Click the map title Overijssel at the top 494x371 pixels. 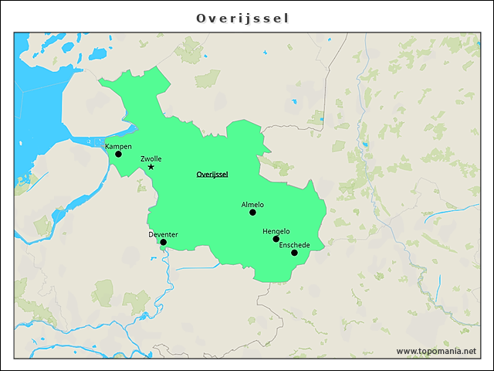click(242, 18)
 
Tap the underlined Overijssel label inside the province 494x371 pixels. click(212, 175)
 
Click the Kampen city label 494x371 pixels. click(118, 146)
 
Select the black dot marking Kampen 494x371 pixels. click(118, 154)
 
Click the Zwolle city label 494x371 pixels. click(151, 158)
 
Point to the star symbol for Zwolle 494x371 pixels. click(151, 167)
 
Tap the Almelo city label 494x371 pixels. click(252, 205)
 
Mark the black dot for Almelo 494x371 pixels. click(252, 212)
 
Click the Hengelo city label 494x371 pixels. click(276, 231)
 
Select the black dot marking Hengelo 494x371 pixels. click(276, 239)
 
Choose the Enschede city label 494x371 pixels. click(294, 245)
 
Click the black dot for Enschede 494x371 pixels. click(294, 253)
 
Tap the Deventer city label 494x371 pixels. click(163, 234)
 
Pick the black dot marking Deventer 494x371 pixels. click(163, 242)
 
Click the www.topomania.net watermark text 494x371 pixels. click(436, 351)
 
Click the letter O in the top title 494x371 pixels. click(201, 18)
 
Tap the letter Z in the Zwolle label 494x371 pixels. click(143, 158)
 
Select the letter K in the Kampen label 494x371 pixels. click(107, 146)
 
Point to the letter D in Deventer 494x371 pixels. click(151, 234)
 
